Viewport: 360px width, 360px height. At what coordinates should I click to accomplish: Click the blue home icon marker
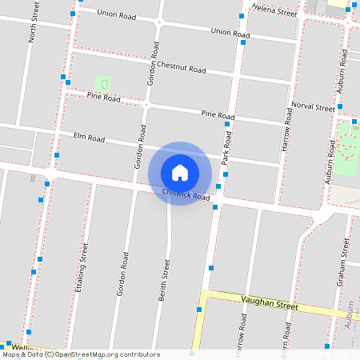tap(180, 173)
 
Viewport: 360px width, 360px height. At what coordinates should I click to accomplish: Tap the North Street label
tap(33, 22)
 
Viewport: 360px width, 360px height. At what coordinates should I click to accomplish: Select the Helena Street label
tap(274, 10)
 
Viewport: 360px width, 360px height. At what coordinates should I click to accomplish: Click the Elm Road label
tap(89, 138)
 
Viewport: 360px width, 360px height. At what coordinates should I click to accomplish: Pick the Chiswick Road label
tap(186, 194)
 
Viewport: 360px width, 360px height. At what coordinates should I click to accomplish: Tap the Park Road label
tap(226, 150)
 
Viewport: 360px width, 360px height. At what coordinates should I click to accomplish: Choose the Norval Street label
tap(313, 107)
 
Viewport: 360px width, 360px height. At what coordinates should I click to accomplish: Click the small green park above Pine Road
tap(102, 82)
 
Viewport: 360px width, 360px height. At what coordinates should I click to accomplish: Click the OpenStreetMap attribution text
tap(81, 354)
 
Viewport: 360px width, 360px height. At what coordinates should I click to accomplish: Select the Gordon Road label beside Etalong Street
tap(122, 274)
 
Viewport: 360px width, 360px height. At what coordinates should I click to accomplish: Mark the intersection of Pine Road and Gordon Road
tap(146, 104)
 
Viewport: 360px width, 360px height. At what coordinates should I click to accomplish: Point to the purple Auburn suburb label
tap(350, 316)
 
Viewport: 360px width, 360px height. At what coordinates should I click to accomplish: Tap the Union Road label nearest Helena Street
tap(230, 32)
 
